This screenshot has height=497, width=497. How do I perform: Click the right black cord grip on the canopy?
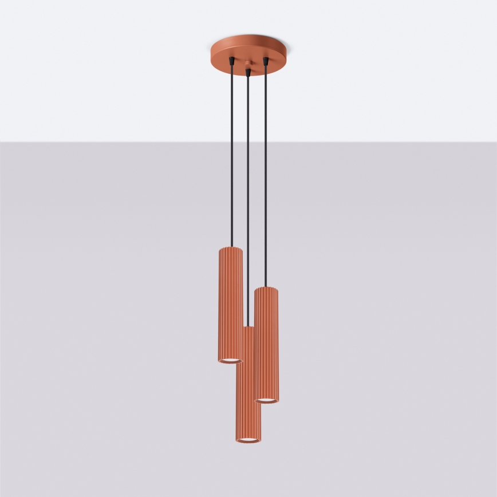pos(265,60)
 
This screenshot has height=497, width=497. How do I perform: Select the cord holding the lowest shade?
pos(247,200)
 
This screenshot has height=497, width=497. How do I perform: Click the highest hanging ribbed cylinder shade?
pos(230,303)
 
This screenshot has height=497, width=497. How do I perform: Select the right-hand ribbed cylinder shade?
pos(266,344)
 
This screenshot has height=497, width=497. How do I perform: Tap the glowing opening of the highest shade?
pos(230,360)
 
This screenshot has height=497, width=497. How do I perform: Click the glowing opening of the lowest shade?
pos(247,440)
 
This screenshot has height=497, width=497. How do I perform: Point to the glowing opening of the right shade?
pos(266,400)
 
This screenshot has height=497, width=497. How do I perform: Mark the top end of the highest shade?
pos(230,250)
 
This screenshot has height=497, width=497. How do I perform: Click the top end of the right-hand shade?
pos(266,289)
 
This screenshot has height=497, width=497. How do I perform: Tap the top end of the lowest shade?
pos(247,329)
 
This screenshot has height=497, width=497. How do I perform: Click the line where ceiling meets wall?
pos(115,141)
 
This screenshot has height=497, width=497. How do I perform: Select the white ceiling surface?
pos(115,69)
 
